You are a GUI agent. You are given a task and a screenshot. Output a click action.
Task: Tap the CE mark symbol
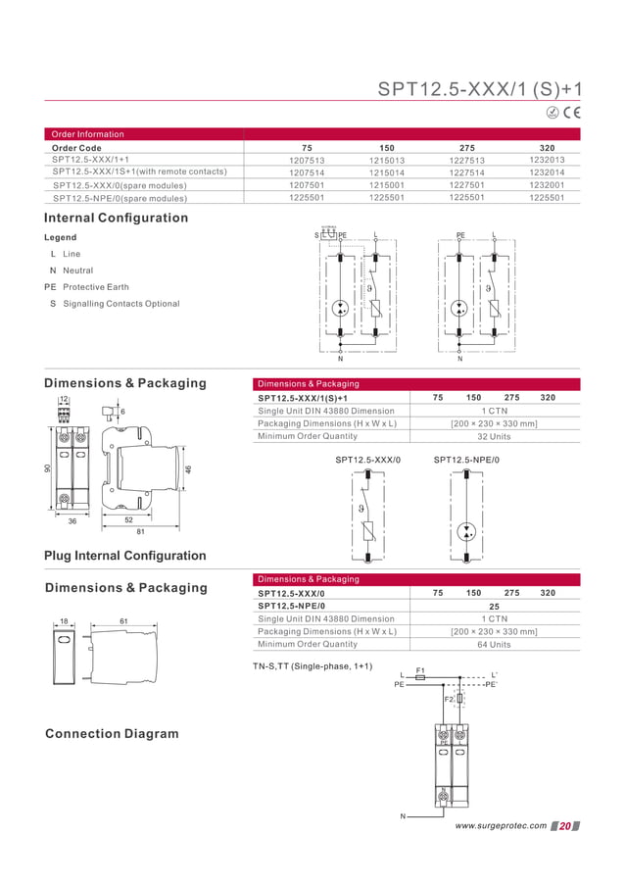coord(571,114)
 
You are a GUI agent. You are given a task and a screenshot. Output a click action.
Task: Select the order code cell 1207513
coord(307,160)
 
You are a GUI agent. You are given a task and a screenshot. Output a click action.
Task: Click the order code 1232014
coord(547,172)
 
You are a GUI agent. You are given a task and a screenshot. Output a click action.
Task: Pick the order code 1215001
coord(387,184)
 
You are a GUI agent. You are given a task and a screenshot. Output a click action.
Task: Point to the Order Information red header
coord(88,134)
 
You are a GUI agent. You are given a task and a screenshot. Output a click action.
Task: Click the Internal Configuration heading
coord(116,218)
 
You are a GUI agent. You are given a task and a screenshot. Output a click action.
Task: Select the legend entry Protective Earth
coord(95,287)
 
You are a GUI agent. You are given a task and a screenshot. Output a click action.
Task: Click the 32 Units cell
coord(494,436)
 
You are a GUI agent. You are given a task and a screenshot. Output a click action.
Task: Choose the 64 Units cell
coord(494,645)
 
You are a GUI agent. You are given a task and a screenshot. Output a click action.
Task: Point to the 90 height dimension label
coord(47,469)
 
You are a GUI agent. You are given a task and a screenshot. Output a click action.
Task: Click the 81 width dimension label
coord(141,532)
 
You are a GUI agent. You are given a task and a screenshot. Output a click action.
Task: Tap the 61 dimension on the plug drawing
coord(123,621)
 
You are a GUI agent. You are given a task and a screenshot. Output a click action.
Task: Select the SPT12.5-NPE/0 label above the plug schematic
coord(466,460)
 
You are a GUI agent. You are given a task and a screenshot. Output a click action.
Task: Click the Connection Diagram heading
coord(112,734)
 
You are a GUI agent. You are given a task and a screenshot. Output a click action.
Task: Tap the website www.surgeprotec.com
coord(501,826)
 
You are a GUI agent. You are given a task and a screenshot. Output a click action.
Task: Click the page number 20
coord(564,826)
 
